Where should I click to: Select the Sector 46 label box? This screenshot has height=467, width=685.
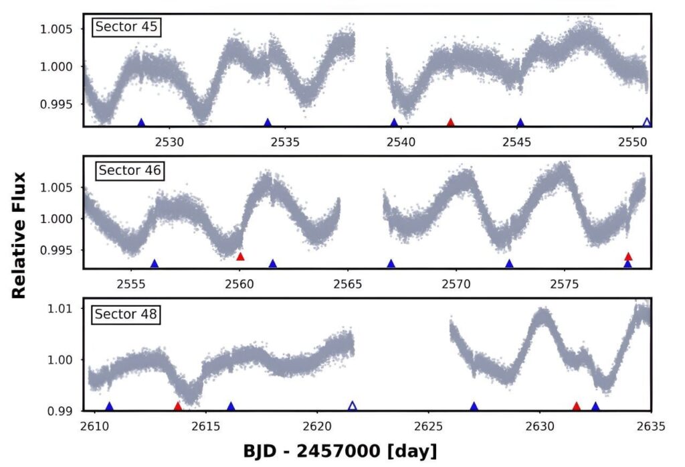coord(130,170)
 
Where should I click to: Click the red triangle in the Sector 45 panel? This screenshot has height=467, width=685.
coord(450,123)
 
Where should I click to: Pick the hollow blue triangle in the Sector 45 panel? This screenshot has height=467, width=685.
coord(646,123)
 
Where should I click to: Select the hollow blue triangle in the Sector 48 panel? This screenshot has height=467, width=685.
coord(353,406)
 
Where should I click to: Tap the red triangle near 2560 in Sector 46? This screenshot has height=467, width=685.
coord(240,257)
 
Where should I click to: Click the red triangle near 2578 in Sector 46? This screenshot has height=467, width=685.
coord(627,256)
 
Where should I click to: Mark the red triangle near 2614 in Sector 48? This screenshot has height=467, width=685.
coord(177,406)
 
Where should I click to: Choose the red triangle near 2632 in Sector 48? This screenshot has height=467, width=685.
coord(576,406)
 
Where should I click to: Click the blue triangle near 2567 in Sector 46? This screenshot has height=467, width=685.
coord(391,263)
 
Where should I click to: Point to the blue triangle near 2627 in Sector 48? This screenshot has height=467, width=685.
coord(474,406)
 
